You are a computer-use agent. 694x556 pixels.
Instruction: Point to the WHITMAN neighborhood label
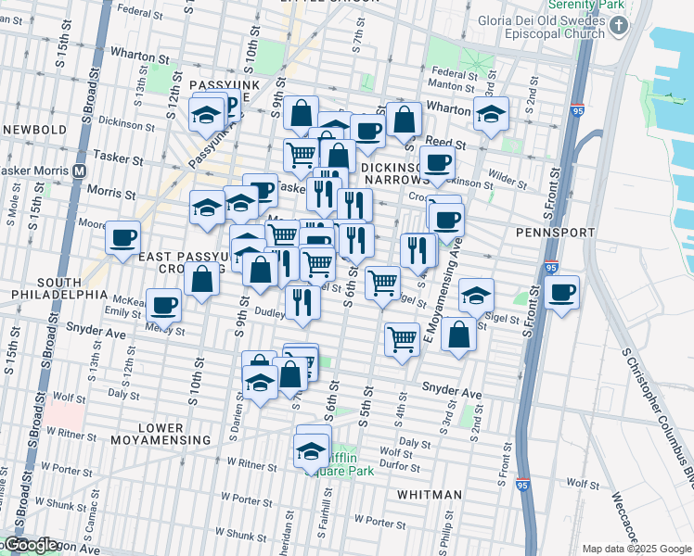pyautogui.click(x=429, y=495)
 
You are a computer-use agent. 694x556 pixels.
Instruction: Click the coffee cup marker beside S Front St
pyautogui.click(x=561, y=294)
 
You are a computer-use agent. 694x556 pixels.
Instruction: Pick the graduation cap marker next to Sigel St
pyautogui.click(x=476, y=296)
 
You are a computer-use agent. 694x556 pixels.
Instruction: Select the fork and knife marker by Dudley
pyautogui.click(x=302, y=301)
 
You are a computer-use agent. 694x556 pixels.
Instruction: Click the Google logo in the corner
pyautogui.click(x=30, y=545)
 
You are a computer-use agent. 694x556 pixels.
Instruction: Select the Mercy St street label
pyautogui.click(x=163, y=330)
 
